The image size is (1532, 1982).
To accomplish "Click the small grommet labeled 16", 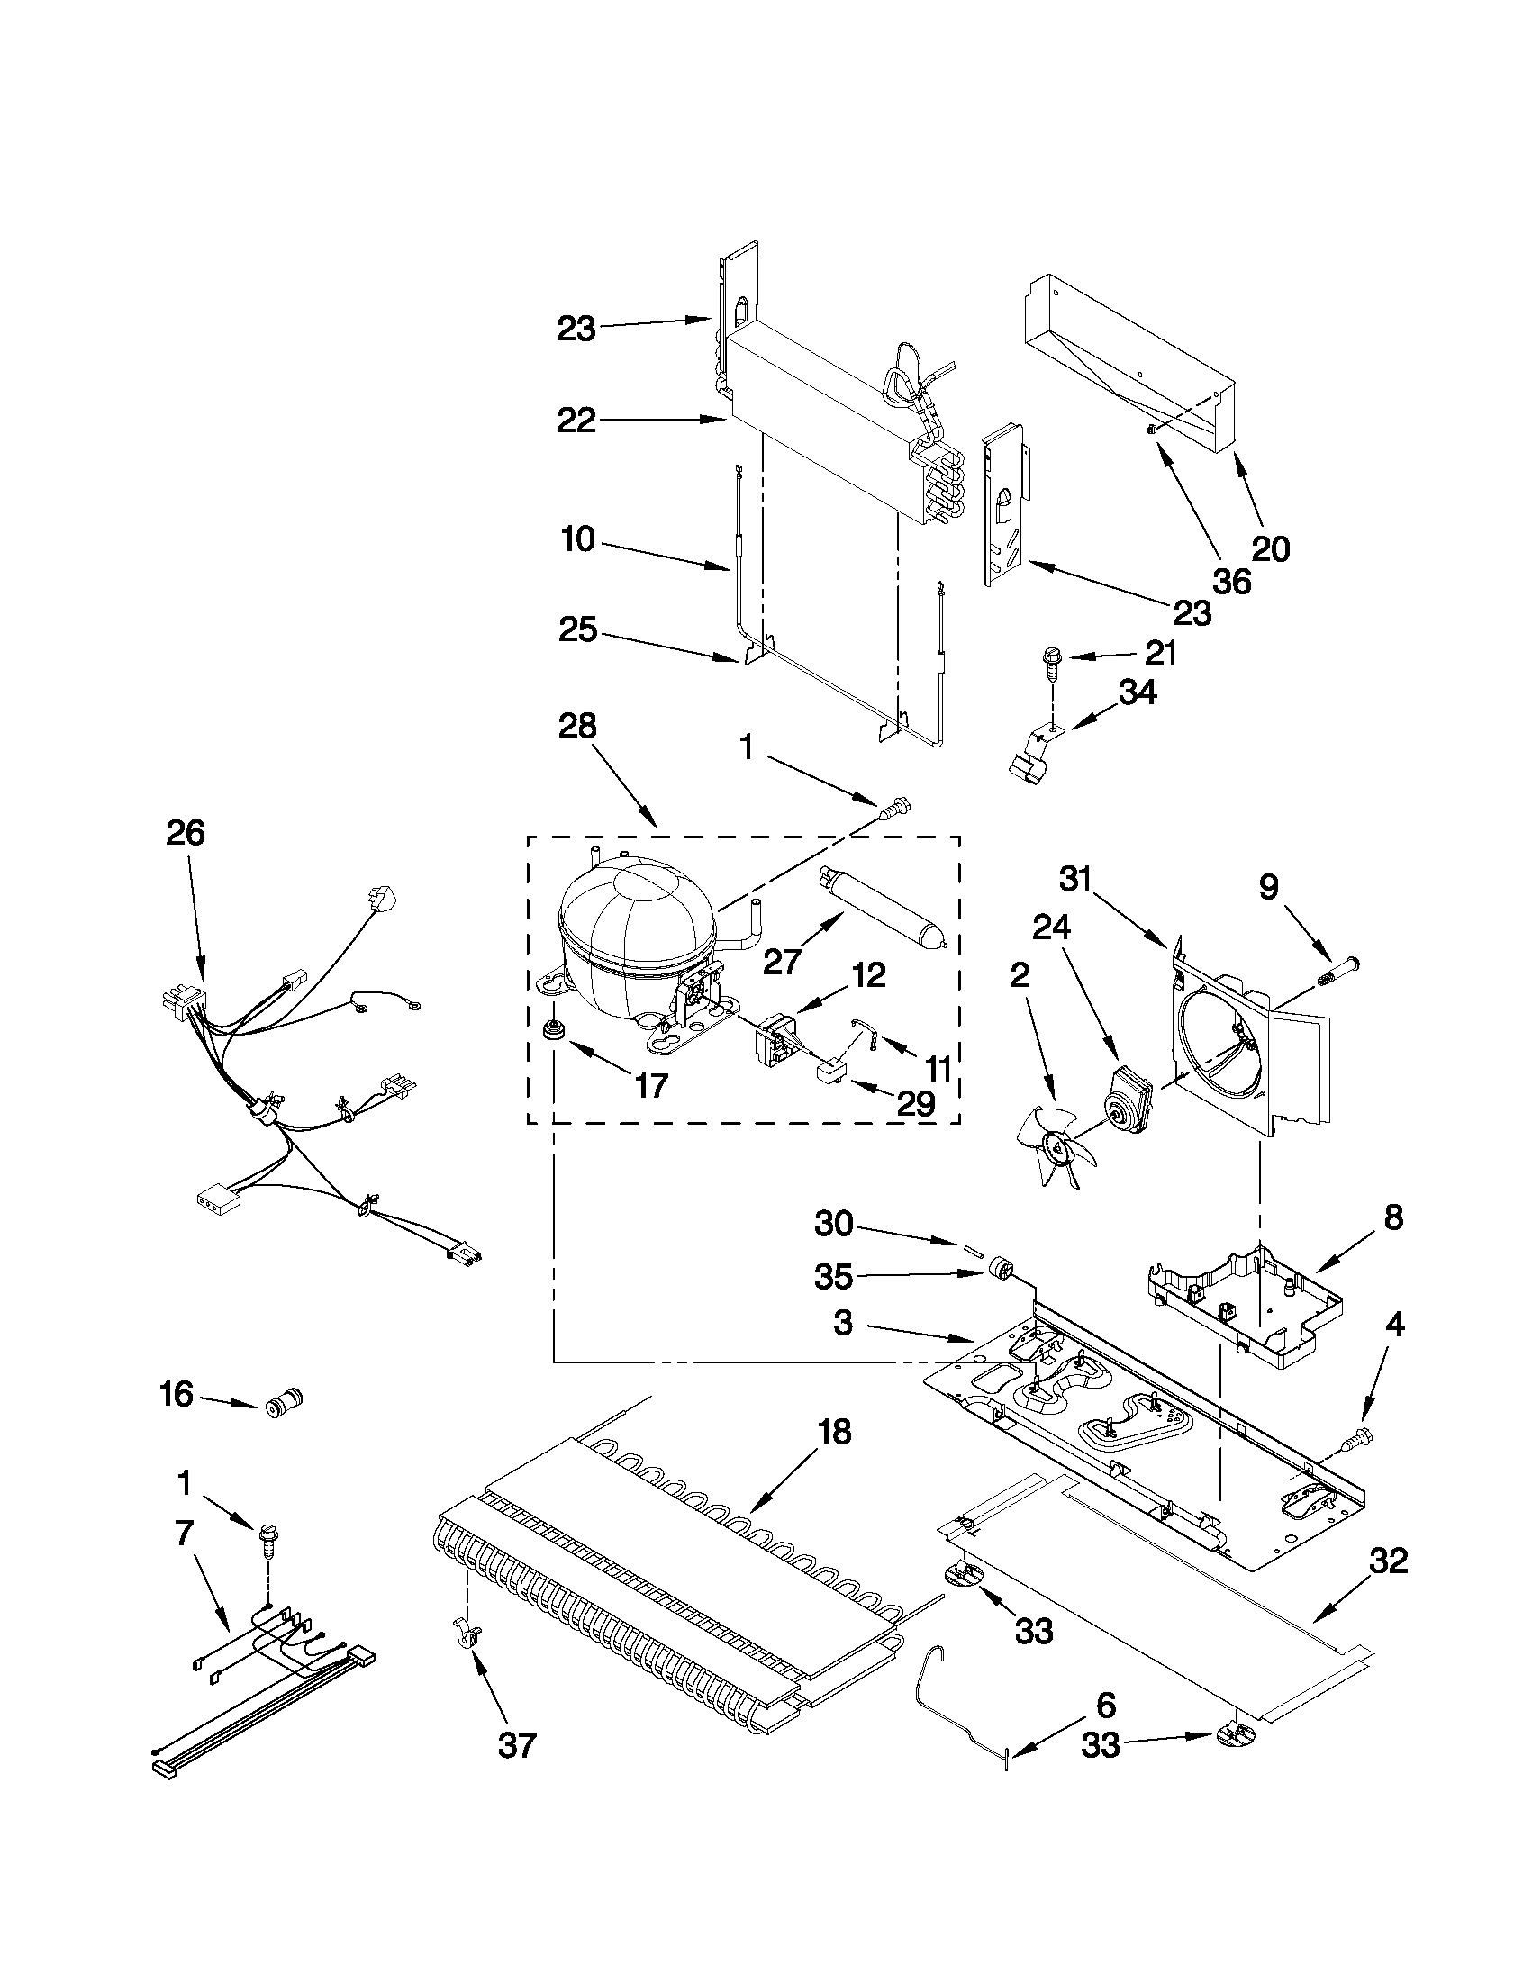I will (282, 1405).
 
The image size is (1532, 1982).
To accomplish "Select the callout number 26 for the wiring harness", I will (186, 833).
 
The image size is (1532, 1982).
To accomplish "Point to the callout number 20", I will (1271, 548).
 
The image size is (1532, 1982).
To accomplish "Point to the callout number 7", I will (184, 1533).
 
